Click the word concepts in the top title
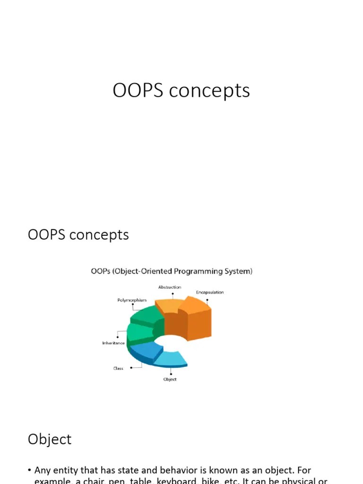pos(209,91)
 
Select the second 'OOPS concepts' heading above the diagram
pos(78,235)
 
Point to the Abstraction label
pos(169,287)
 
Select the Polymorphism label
pos(132,300)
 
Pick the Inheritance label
pos(113,343)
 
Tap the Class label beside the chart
pos(118,368)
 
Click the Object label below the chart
pos(170,380)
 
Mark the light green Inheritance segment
pos(140,333)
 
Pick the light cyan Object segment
pos(170,360)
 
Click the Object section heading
pos(50,439)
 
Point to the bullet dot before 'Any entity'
pos(29,470)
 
